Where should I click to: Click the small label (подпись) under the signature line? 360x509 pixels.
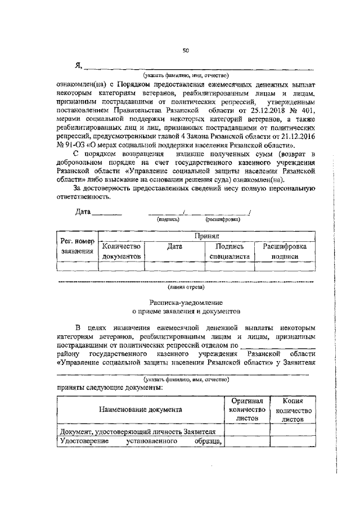pyautogui.click(x=168, y=220)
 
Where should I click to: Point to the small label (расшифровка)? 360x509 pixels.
pyautogui.click(x=223, y=220)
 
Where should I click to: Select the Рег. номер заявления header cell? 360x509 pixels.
pyautogui.click(x=77, y=246)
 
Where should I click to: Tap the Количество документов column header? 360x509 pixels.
pyautogui.click(x=121, y=251)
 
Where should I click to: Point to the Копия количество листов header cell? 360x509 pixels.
pyautogui.click(x=293, y=410)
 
